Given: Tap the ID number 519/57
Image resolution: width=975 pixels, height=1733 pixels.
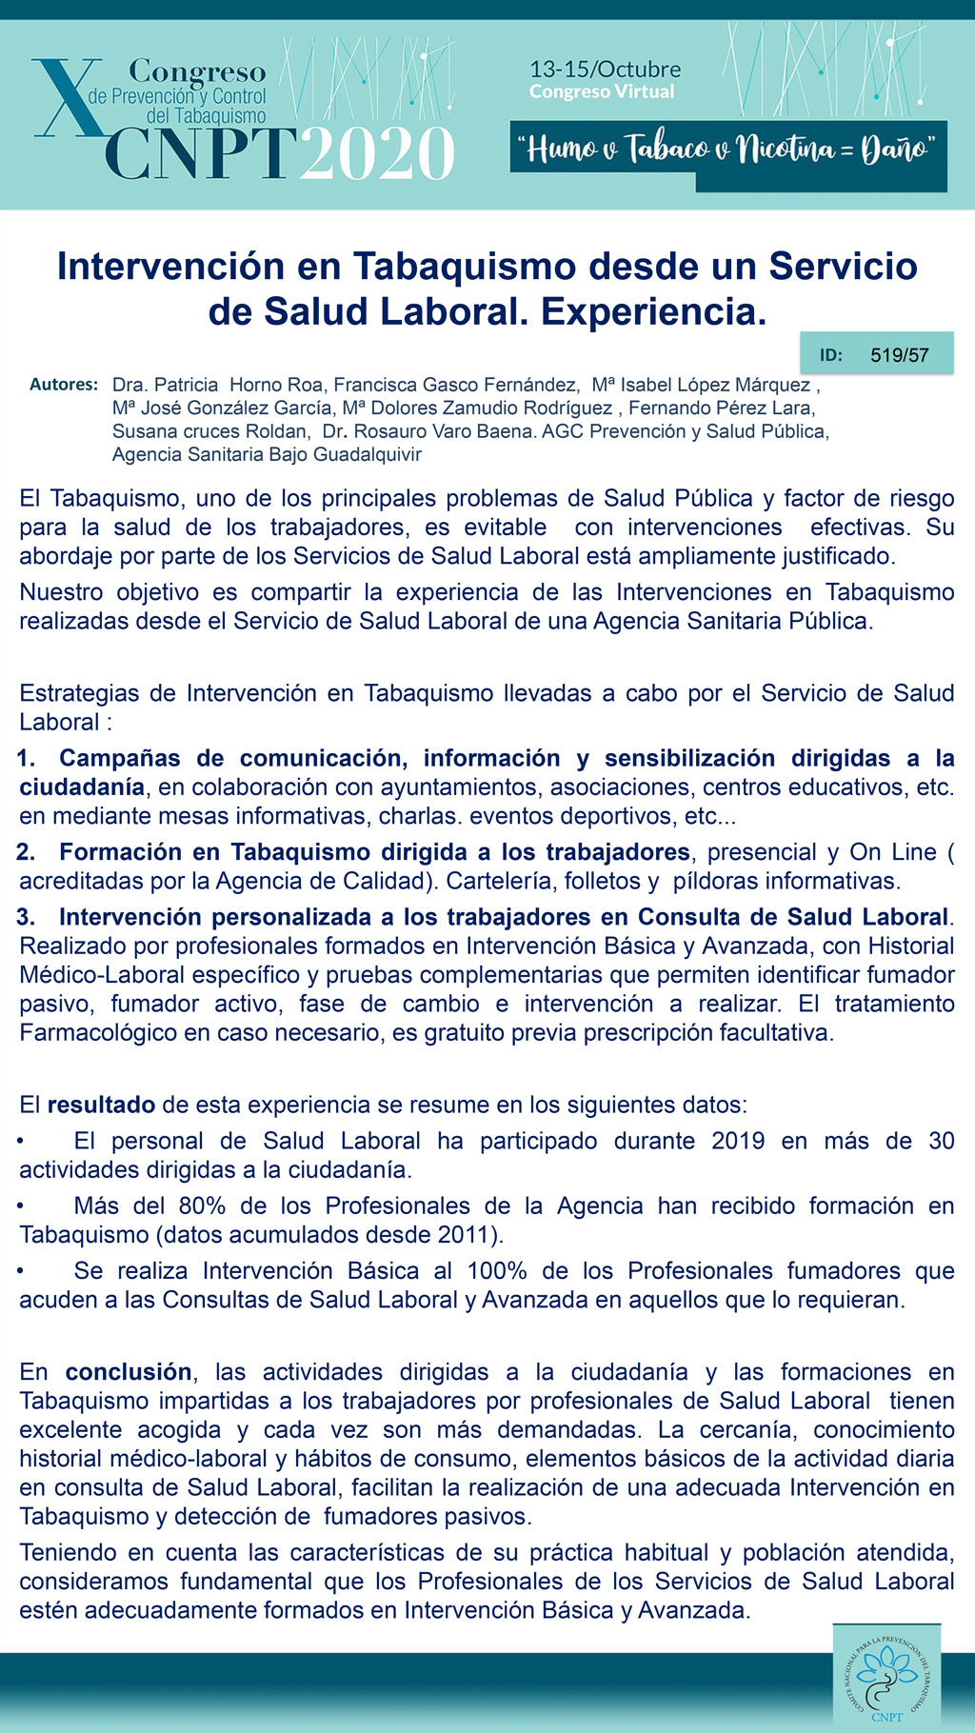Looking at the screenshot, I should [x=899, y=355].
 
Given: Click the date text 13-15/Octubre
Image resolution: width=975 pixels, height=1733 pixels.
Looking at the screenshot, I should [x=605, y=70].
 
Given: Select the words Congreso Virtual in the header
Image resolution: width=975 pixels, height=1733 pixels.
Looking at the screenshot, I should [x=602, y=91].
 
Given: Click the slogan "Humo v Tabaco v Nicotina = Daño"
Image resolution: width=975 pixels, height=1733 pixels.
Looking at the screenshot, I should [x=727, y=149].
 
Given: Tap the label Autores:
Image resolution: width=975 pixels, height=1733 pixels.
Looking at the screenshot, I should [x=64, y=385].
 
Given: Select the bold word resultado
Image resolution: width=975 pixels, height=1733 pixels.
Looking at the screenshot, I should [x=101, y=1105].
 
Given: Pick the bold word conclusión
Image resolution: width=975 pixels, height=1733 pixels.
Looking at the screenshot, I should [x=129, y=1371].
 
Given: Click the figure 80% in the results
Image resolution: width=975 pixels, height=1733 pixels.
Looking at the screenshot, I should [x=202, y=1205].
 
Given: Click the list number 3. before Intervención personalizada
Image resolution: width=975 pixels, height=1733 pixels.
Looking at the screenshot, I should [x=26, y=917].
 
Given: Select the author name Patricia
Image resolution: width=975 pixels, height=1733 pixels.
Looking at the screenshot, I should [x=186, y=385].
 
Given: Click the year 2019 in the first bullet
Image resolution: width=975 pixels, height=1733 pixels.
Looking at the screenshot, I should [x=738, y=1141].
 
